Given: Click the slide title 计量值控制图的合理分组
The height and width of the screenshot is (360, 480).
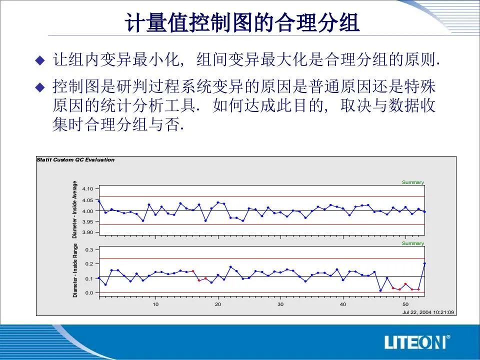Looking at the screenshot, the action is click(x=242, y=22).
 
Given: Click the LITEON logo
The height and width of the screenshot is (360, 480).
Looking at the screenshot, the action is click(x=417, y=342).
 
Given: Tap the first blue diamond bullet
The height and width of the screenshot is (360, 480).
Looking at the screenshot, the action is click(x=40, y=60).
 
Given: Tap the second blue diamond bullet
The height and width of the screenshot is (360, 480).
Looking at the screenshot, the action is click(x=40, y=87).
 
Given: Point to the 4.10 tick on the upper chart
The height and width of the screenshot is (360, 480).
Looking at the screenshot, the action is click(x=87, y=189).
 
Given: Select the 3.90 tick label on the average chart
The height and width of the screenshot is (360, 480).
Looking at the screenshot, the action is click(x=87, y=232).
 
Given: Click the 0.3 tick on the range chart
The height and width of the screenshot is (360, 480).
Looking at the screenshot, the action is click(x=89, y=250).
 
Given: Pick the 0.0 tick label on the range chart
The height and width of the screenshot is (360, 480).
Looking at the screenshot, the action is click(x=89, y=293).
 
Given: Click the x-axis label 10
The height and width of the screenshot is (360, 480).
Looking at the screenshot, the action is click(x=155, y=304).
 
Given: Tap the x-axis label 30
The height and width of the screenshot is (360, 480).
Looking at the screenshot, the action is click(x=280, y=304).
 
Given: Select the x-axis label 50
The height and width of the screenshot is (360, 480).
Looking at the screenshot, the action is click(x=405, y=304).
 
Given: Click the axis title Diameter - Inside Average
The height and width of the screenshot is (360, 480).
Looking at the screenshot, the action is click(x=74, y=209).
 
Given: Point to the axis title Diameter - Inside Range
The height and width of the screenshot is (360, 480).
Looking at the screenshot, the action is click(x=75, y=270).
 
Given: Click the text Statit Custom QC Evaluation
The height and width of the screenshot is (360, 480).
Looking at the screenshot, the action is click(x=75, y=160).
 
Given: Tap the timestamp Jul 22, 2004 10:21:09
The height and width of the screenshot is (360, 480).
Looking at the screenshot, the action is click(x=428, y=312).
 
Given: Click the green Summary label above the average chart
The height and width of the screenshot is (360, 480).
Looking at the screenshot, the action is click(x=413, y=182).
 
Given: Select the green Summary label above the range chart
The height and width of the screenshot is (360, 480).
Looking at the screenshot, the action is click(x=413, y=243).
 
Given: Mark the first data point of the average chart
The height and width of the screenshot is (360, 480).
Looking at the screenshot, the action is click(x=99, y=201).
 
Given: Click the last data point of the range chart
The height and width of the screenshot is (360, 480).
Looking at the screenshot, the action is click(x=424, y=263).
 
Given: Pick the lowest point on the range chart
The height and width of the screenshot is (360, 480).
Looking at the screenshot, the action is click(x=380, y=290).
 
